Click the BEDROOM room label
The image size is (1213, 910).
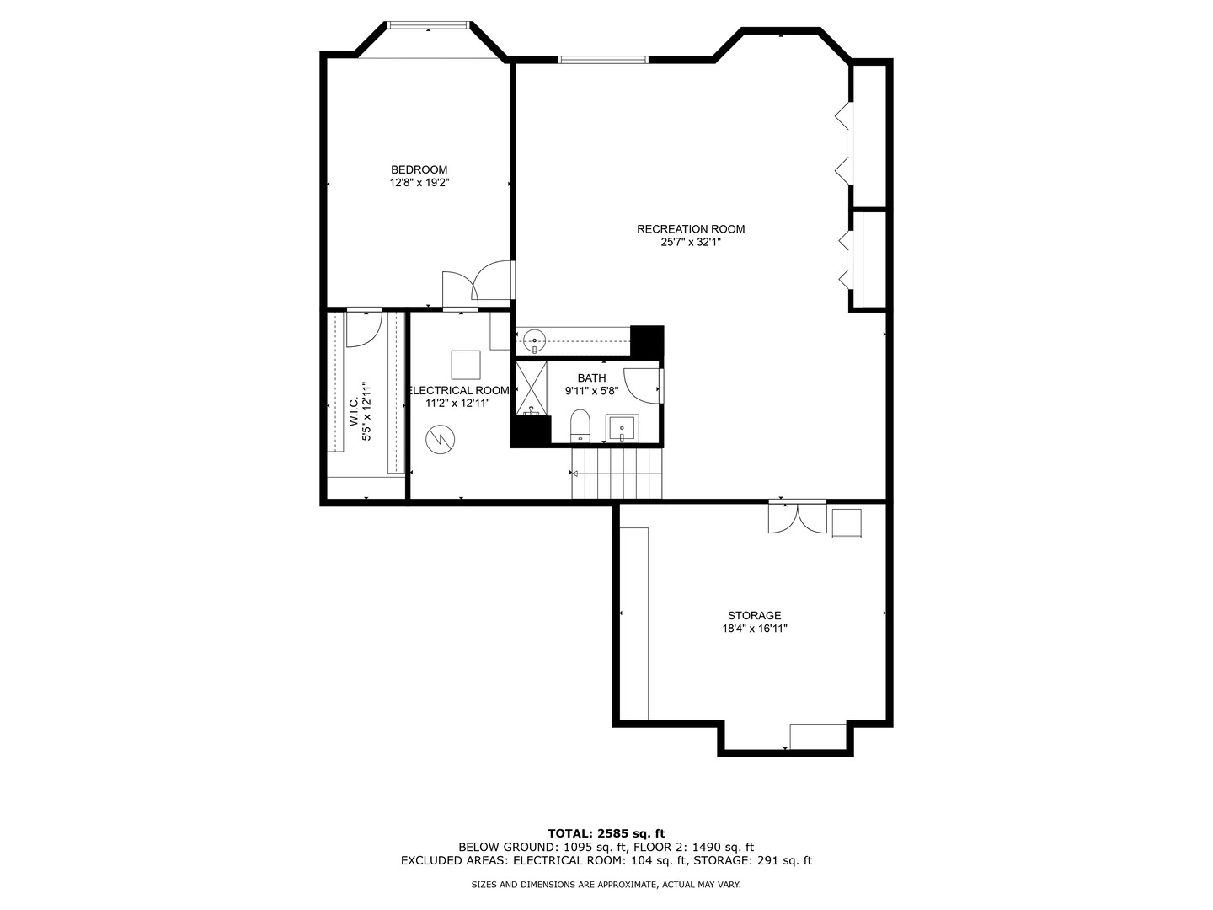[419, 169]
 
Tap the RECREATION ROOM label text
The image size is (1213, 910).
[691, 228]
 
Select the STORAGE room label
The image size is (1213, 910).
[754, 615]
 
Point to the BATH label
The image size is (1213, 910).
[591, 378]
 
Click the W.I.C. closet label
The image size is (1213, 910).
[354, 412]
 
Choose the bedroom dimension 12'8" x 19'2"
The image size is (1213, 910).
[419, 183]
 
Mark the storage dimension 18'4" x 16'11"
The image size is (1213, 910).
[754, 629]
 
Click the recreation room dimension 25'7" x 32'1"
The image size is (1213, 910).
[691, 242]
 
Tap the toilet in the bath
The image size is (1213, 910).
[580, 426]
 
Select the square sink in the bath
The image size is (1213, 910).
[623, 428]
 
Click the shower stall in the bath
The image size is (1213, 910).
[532, 388]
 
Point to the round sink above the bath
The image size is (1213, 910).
[534, 340]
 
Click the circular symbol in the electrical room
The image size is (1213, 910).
[441, 440]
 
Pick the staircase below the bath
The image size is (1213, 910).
[617, 473]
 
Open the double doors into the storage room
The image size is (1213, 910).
[797, 517]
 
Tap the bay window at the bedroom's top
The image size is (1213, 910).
[428, 25]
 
